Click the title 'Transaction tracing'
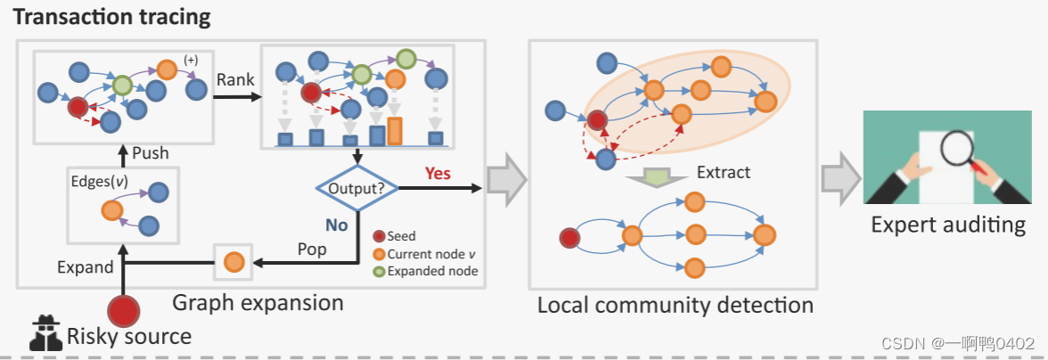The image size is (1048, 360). pyautogui.click(x=112, y=16)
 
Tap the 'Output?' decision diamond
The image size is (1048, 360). pyautogui.click(x=357, y=188)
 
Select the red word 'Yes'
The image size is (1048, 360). pyautogui.click(x=438, y=172)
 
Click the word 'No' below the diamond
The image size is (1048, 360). pyautogui.click(x=336, y=225)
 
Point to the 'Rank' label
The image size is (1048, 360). pyautogui.click(x=235, y=80)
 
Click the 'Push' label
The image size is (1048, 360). pyautogui.click(x=151, y=152)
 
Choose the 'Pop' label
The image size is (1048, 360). pyautogui.click(x=311, y=249)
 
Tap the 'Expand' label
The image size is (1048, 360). pyautogui.click(x=86, y=266)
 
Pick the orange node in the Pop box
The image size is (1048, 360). pyautogui.click(x=233, y=262)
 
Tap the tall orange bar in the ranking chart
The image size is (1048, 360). pyautogui.click(x=394, y=130)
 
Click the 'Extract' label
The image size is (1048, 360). pyautogui.click(x=724, y=172)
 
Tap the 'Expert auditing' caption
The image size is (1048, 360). pyautogui.click(x=948, y=224)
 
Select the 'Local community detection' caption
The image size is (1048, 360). pyautogui.click(x=675, y=305)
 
